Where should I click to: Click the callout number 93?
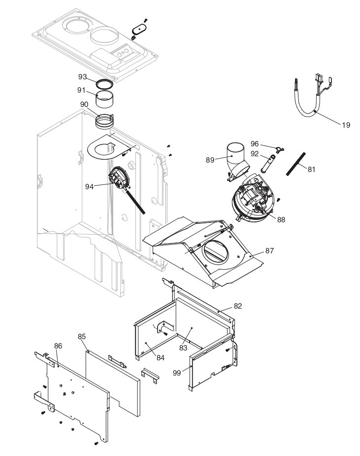coord(83,76)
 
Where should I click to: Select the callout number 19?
coord(346,125)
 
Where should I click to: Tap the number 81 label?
coord(311,169)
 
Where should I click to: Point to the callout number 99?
coord(177,373)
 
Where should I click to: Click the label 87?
coord(269,251)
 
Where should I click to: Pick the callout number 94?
coord(89,187)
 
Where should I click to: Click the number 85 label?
coord(82,337)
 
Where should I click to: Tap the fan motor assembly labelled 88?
coord(253,198)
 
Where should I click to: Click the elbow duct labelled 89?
coord(236,161)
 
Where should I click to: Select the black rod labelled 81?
coord(296,164)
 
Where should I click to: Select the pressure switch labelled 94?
coord(119,177)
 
